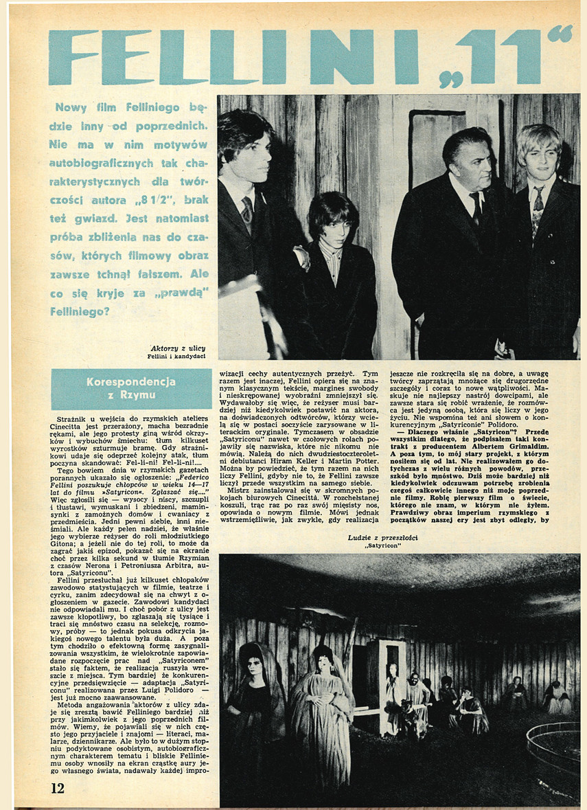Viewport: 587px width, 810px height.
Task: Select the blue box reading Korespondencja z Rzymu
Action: (x=131, y=389)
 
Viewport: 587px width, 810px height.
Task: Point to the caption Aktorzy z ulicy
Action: (x=177, y=348)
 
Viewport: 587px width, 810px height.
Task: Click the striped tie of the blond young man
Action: (x=538, y=205)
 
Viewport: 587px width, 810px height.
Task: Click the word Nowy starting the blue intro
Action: (x=71, y=107)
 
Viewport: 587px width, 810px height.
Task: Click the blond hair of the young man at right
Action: (x=539, y=137)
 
